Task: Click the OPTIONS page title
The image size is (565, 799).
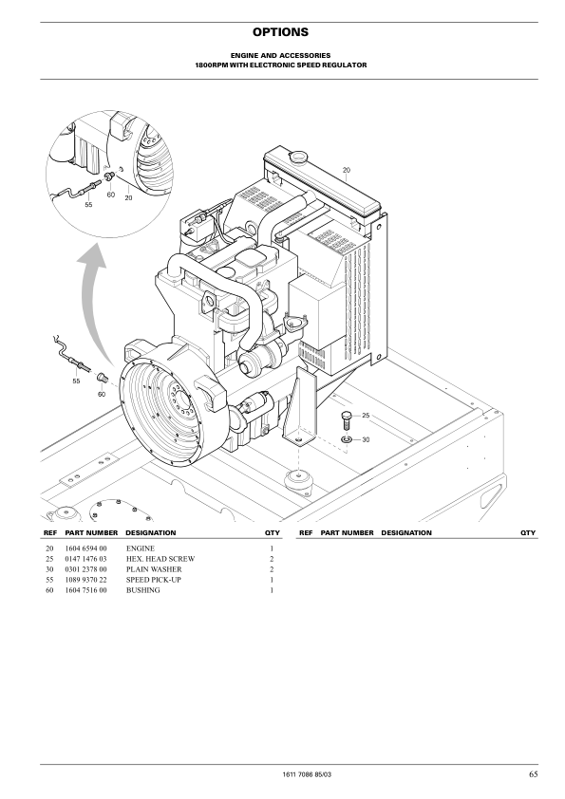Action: coord(280,32)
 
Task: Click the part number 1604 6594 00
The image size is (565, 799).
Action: coord(86,548)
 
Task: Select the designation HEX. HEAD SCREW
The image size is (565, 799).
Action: coord(160,559)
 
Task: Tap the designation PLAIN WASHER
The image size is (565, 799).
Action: coord(154,569)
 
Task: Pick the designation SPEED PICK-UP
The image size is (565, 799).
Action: coord(154,580)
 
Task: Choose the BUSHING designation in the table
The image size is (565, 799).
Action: coord(143,590)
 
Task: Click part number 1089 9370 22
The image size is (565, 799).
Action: coord(86,580)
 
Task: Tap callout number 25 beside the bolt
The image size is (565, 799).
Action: coord(366,416)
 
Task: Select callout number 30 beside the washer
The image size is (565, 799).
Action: coord(366,439)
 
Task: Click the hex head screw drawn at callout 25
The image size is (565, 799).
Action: coord(347,419)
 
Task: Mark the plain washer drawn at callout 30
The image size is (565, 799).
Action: coord(347,439)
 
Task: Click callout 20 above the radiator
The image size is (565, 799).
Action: coord(347,170)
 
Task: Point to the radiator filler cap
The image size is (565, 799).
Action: coord(297,155)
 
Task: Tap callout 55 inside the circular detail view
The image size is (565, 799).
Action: coord(88,205)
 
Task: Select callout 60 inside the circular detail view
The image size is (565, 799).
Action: coord(111,195)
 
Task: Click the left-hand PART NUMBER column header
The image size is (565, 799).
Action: coord(91,533)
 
